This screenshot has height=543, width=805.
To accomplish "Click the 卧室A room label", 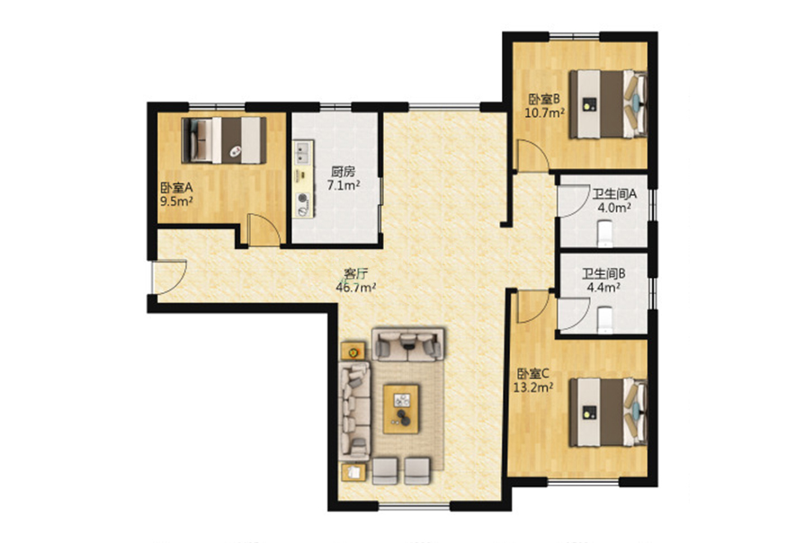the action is point(176,188).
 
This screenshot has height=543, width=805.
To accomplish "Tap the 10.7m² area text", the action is point(545,112).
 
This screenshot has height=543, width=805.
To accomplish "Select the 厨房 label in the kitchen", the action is point(343,172).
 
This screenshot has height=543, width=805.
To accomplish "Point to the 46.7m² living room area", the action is point(356,288).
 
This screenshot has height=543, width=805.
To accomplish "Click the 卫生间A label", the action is point(614,194).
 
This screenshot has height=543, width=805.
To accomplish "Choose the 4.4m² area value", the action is point(604,288).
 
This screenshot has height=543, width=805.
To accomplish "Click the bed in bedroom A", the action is point(224,140).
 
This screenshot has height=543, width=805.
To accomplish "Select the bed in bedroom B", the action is point(608,104).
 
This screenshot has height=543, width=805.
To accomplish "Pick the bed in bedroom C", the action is point(608,412).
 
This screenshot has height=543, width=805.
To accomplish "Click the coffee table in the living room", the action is point(401,409).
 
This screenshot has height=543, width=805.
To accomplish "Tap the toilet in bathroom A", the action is point(605,233).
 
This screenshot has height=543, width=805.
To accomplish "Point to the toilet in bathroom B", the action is point(605,319).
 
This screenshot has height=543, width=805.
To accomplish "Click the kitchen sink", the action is point(302,153).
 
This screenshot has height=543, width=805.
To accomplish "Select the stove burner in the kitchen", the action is point(303,197).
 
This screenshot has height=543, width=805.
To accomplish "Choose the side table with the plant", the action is point(353,352).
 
